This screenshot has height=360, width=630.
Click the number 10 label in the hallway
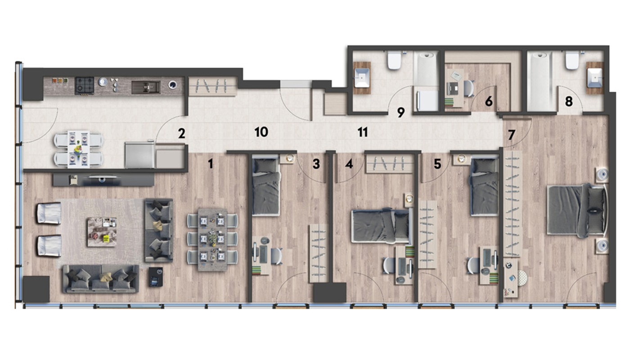261,132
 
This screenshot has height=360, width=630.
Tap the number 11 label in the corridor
363,132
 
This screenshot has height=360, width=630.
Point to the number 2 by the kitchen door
182,134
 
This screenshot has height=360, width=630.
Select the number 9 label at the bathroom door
401,112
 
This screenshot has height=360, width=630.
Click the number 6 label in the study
489,101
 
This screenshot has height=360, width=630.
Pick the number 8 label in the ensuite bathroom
569,102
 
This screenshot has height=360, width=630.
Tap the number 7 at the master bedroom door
511,135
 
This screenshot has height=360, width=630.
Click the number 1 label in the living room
211,164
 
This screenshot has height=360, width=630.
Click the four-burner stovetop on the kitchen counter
85,85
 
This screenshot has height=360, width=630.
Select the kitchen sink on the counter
146,87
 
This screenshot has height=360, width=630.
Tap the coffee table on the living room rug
102,232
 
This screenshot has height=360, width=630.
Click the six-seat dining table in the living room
212,239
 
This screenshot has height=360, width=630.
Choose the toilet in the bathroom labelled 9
394,60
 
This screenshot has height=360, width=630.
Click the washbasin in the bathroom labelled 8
595,78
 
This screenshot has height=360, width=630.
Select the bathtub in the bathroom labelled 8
540,81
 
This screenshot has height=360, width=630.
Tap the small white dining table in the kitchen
78,149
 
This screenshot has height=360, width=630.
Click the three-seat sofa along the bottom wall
101,279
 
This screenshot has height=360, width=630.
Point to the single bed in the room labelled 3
266,185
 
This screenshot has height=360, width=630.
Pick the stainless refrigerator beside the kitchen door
140,155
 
